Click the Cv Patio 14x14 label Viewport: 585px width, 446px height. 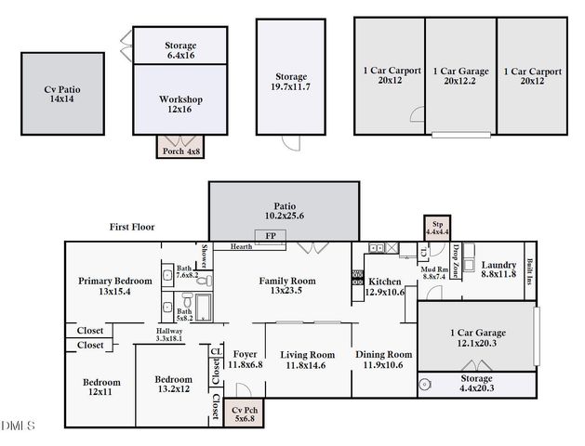pos(62,95)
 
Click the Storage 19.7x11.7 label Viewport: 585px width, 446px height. pos(292,82)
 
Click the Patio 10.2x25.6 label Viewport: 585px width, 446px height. pos(284,211)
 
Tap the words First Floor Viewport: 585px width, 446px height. pos(131,226)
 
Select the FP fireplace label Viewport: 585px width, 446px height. pos(271,236)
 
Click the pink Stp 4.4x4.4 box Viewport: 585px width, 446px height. pos(437,228)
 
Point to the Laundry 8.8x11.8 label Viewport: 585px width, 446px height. pos(498,269)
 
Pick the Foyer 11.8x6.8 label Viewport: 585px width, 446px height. pos(246,359)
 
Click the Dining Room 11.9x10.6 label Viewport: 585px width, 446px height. pos(383,359)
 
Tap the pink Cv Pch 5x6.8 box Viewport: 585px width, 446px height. pos(244,413)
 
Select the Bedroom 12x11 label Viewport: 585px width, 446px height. pos(100,387)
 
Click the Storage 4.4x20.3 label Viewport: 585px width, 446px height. pos(477,384)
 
